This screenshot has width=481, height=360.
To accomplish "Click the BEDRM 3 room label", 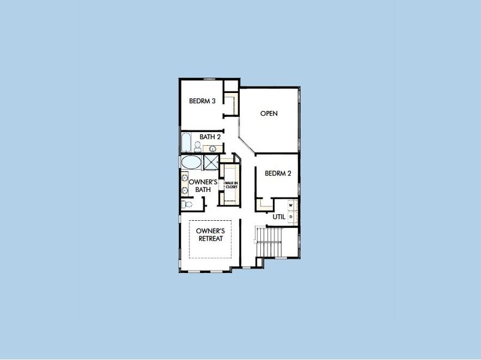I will coord(202,101).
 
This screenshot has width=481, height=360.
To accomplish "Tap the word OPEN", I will coord(269,113).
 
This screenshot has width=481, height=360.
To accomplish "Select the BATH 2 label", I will coord(211,137).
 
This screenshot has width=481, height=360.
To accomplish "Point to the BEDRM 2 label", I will coord(278,174).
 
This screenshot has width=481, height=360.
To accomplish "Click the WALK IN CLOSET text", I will coord(231,185).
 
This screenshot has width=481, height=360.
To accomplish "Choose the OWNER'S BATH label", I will coord(200,185).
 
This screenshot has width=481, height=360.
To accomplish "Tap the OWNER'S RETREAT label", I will coord(211,235).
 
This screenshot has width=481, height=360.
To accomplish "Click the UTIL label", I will coord(279,217).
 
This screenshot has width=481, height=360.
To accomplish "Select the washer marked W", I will coord(291,205).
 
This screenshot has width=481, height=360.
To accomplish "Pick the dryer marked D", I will coord(291,217).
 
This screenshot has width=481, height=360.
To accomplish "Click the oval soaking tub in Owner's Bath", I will coord(192,163).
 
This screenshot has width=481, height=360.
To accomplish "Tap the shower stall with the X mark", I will coord(211,163).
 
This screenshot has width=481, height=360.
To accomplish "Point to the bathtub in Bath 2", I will coord(186,143).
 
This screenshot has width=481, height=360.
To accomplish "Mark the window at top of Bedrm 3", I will coord(209,79).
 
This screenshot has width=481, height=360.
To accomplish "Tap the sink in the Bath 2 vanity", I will coord(212,148).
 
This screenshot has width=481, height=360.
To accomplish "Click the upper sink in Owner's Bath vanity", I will coord(184,177).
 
